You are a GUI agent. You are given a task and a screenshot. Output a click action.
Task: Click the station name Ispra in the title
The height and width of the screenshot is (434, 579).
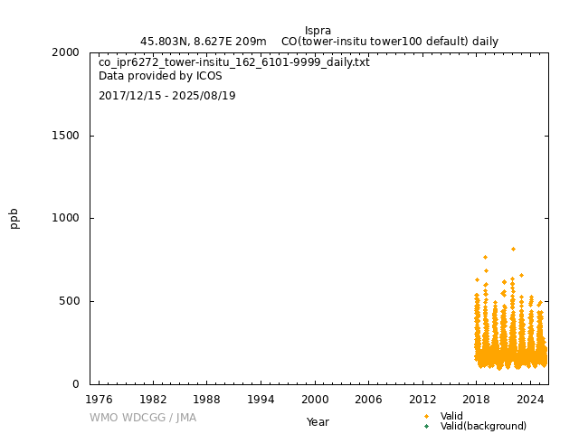(x=318, y=30)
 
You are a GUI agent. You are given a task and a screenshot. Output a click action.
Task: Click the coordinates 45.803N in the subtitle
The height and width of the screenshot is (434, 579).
(x=164, y=42)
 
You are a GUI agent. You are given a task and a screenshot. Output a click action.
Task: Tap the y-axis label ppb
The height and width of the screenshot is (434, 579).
(x=14, y=218)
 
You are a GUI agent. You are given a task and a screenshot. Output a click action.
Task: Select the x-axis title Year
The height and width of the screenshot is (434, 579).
(x=318, y=421)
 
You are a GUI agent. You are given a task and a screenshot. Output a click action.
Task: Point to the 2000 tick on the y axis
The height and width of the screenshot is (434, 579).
(x=65, y=52)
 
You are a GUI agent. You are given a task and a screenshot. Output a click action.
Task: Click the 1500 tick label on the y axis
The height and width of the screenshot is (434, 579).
(x=65, y=136)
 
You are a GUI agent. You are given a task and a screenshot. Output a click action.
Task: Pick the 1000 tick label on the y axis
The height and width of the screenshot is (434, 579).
(x=65, y=218)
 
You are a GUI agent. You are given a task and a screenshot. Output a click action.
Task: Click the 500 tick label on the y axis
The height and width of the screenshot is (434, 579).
(x=69, y=301)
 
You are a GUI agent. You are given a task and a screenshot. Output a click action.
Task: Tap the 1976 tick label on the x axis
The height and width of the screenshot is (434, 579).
(x=99, y=399)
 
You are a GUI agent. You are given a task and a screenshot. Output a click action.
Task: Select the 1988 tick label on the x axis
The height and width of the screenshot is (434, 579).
(x=207, y=399)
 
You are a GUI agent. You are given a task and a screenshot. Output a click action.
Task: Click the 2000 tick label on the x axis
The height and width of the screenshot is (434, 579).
(x=315, y=399)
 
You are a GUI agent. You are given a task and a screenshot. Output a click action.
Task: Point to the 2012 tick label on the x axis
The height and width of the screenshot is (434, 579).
(x=422, y=399)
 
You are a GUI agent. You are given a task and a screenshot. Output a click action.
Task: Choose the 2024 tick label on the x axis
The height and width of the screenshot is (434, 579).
(x=530, y=399)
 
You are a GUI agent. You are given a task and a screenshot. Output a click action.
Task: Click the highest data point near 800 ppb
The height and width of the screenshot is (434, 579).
(x=513, y=249)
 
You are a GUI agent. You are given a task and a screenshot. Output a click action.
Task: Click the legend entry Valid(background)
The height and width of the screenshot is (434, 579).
(x=483, y=426)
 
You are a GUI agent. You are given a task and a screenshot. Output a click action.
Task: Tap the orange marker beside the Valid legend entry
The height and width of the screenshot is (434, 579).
(x=427, y=416)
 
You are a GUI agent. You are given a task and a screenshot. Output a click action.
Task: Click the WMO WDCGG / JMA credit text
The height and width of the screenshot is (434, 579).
(x=143, y=418)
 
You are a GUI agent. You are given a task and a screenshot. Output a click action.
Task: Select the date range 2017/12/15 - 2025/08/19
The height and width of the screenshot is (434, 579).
(x=167, y=96)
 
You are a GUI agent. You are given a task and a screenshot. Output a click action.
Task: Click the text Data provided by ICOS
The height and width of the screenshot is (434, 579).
(x=160, y=76)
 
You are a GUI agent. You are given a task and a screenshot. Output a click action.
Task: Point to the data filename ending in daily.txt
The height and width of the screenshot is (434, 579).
(x=234, y=62)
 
